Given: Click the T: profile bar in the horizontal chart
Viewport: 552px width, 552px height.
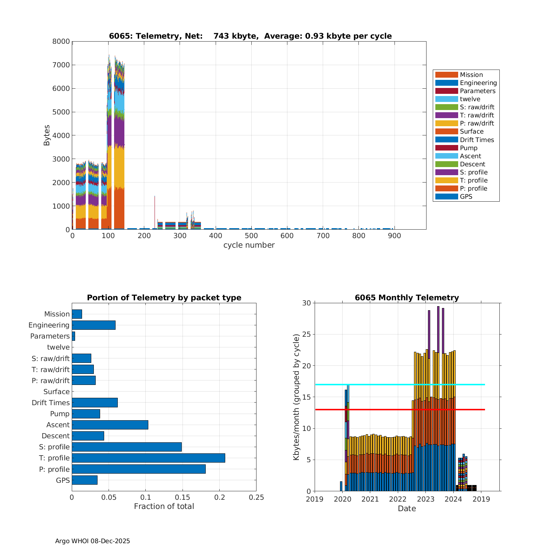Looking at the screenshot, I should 148,458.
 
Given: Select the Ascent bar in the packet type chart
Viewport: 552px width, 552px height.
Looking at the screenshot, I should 110,425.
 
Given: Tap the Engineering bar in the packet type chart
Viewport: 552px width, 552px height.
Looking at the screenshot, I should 93,325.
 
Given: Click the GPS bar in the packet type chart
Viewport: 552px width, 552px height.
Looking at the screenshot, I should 85,480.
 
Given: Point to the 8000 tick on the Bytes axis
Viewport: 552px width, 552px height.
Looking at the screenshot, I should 61,41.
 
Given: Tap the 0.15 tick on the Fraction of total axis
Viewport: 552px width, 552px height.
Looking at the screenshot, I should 183,498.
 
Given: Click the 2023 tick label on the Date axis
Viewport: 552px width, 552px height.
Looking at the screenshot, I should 425,499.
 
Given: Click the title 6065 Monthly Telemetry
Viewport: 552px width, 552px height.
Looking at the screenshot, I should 407,298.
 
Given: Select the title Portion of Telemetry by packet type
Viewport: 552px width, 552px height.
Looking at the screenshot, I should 164,298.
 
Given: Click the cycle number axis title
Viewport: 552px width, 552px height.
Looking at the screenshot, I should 249,245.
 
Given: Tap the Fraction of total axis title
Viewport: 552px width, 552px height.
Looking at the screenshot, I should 164,506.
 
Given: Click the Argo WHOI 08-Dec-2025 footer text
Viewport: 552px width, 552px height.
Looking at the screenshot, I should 92,541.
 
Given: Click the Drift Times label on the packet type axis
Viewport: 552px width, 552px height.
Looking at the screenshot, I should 50,403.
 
